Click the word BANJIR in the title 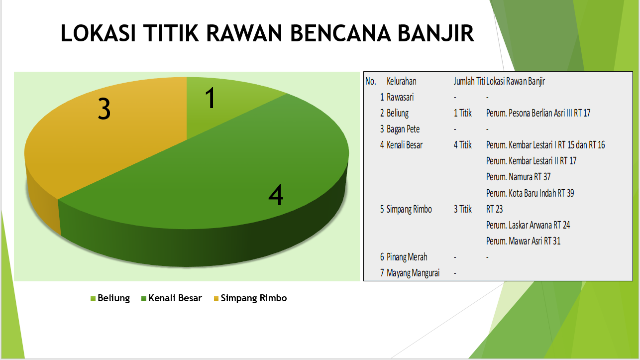(x=436, y=33)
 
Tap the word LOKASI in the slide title (x=98, y=33)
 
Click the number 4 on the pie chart (x=276, y=195)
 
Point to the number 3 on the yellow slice (x=104, y=109)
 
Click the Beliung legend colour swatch (x=93, y=298)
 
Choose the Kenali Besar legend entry (x=172, y=298)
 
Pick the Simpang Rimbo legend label (x=254, y=298)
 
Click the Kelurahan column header (x=402, y=82)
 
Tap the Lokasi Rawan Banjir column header (x=516, y=82)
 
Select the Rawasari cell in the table (x=400, y=98)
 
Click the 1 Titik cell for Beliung (x=462, y=113)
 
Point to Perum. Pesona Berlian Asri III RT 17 (x=538, y=113)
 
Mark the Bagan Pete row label (x=403, y=129)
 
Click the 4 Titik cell (x=462, y=145)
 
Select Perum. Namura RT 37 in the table (x=518, y=177)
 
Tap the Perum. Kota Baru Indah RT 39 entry (x=530, y=193)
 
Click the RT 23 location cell (x=494, y=209)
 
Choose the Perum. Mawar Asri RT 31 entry (x=524, y=241)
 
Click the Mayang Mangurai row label (x=413, y=273)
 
